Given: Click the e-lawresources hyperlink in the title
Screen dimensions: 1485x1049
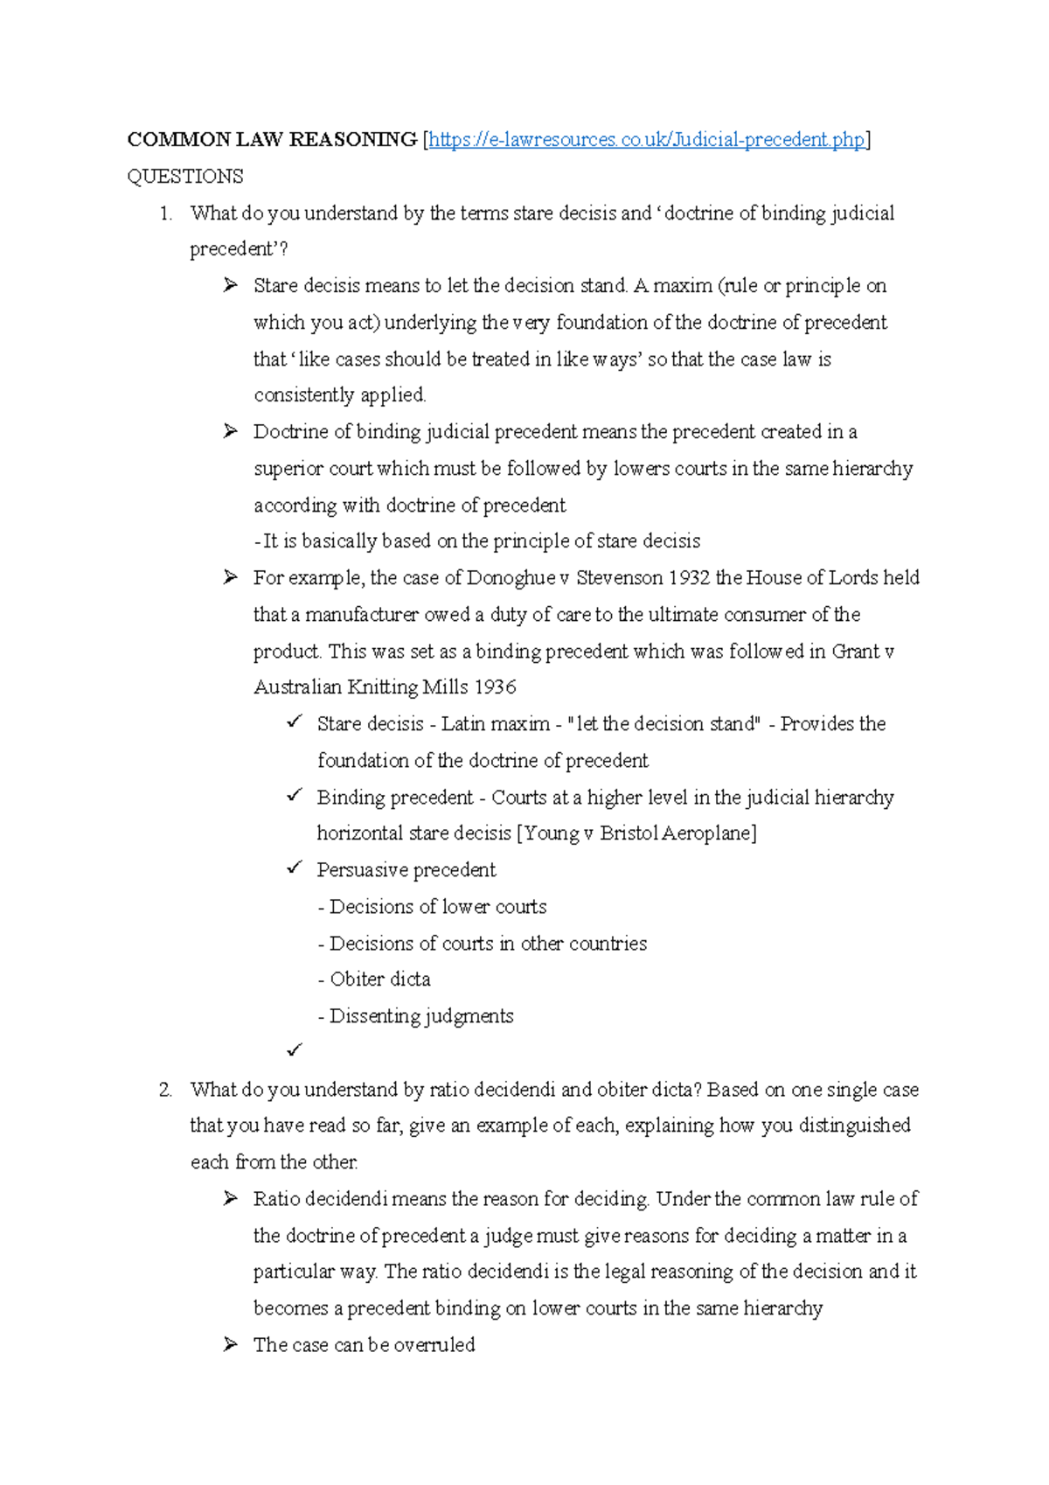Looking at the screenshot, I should click(x=646, y=140).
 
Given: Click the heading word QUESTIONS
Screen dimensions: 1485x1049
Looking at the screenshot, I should click(x=185, y=177).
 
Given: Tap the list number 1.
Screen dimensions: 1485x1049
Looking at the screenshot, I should click(x=166, y=213).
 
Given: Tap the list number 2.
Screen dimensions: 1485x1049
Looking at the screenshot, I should click(x=166, y=1090).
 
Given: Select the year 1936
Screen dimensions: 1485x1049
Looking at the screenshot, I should click(x=495, y=687).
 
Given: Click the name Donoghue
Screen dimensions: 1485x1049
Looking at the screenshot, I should click(x=511, y=578).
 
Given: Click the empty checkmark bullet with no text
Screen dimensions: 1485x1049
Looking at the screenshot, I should click(x=294, y=1049).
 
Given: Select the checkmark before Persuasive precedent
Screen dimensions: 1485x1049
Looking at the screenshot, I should click(x=294, y=868).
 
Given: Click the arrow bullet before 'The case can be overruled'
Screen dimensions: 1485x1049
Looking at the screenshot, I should click(x=230, y=1344).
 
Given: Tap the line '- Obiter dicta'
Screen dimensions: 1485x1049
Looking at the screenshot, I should click(x=374, y=980).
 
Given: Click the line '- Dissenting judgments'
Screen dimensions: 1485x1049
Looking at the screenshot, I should click(x=415, y=1016).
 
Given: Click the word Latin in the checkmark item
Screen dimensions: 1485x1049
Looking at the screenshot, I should click(x=464, y=724).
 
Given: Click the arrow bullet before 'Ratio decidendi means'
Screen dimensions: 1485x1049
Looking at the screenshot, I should click(x=230, y=1198).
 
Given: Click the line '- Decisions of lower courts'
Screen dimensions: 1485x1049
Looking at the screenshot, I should click(x=433, y=907).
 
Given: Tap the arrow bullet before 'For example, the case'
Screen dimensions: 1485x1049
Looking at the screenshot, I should click(x=230, y=577).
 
